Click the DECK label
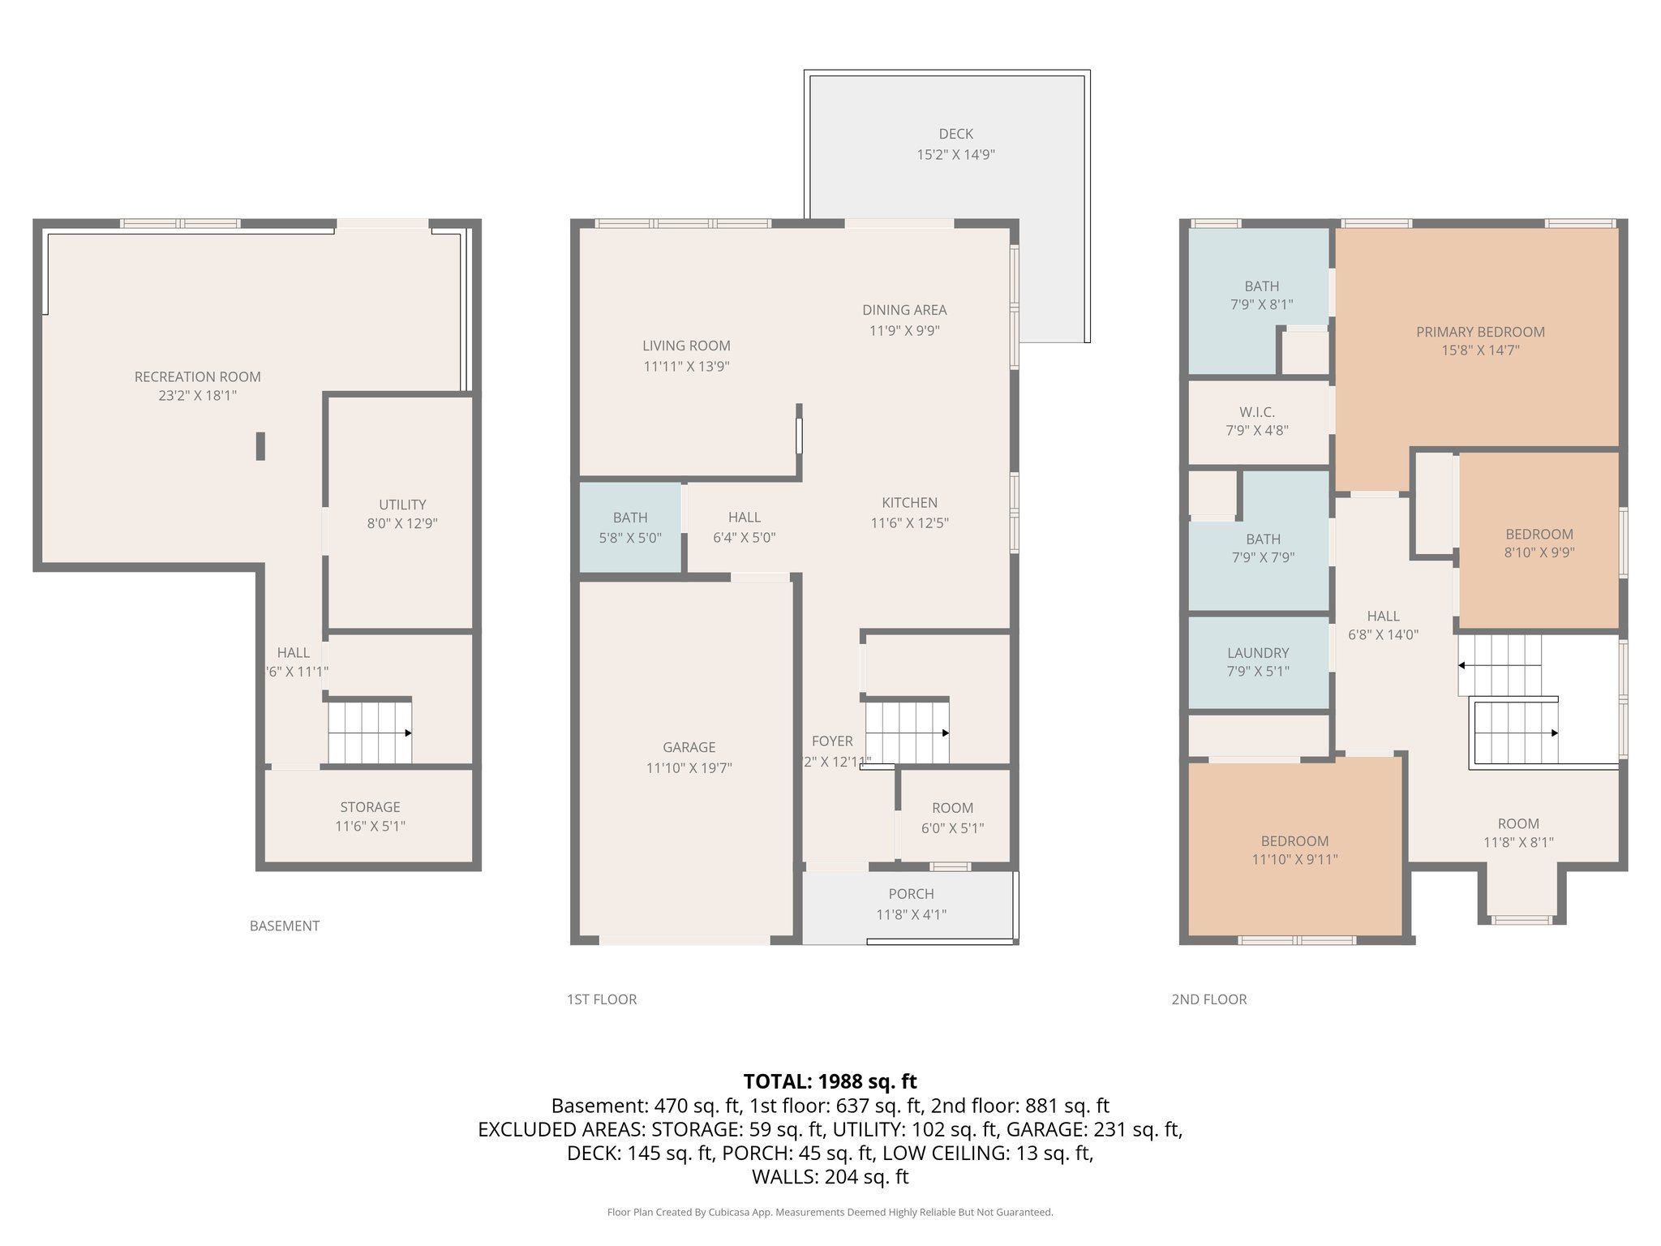point(955,134)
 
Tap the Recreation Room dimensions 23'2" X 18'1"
point(197,396)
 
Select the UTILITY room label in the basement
point(402,505)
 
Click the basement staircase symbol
point(370,733)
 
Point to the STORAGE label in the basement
point(370,807)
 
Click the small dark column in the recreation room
point(260,446)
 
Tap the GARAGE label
point(689,747)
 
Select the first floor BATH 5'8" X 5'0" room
point(630,527)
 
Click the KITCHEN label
point(909,503)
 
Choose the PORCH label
point(911,894)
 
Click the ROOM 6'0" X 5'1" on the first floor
point(952,818)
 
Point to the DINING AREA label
point(904,310)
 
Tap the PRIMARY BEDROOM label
point(1480,332)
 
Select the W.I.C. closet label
point(1257,412)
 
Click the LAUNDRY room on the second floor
point(1258,661)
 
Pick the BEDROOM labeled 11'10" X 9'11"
point(1294,850)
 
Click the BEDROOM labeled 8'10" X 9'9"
point(1539,543)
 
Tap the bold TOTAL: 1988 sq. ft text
point(830,1081)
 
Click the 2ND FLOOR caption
point(1208,999)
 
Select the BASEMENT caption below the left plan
point(284,926)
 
